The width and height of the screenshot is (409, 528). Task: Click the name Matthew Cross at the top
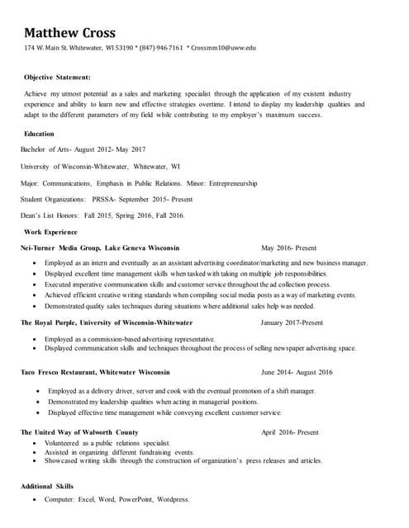69,33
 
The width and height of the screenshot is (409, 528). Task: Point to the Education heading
39,134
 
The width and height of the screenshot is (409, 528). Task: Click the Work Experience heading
50,232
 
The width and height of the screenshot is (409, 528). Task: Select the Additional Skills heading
49,486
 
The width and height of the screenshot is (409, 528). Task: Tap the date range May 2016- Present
288,247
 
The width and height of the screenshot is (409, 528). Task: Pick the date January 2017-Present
292,323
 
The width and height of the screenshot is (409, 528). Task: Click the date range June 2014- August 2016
297,372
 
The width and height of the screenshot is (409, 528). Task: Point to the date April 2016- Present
289,432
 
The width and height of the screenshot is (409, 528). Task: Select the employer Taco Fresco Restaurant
67,372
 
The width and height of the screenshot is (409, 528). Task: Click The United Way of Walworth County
79,432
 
